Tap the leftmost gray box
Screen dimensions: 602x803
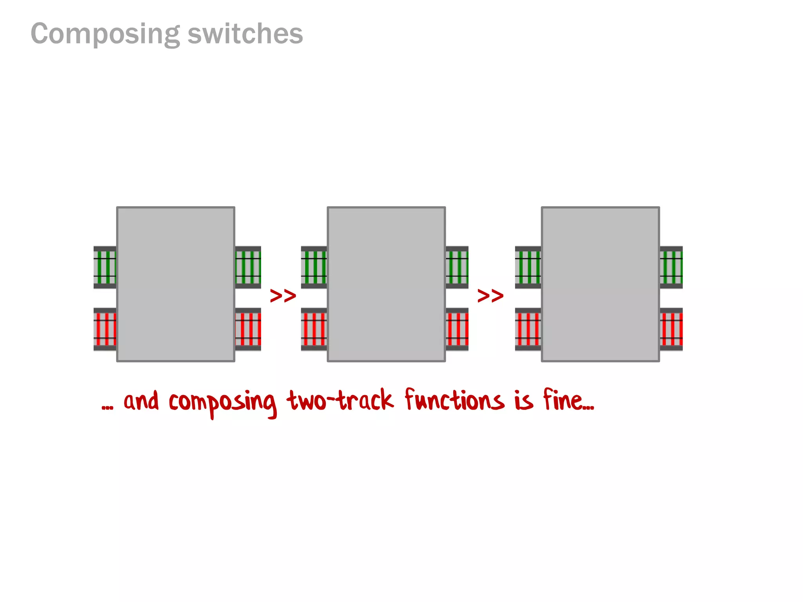176,284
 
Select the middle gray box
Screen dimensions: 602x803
386,284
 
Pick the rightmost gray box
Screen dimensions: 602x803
600,284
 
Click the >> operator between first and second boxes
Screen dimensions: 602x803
283,296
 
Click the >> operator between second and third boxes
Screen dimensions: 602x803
490,296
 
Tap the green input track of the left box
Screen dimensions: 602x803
105,267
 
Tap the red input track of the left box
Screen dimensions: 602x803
105,329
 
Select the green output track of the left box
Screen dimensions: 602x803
248,267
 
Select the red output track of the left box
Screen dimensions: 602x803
248,329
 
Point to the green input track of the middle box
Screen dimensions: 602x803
314,267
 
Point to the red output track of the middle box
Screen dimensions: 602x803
457,329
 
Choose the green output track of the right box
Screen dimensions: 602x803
671,267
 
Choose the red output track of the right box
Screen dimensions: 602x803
671,329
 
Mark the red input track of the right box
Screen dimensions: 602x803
528,329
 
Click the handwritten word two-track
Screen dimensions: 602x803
340,401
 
